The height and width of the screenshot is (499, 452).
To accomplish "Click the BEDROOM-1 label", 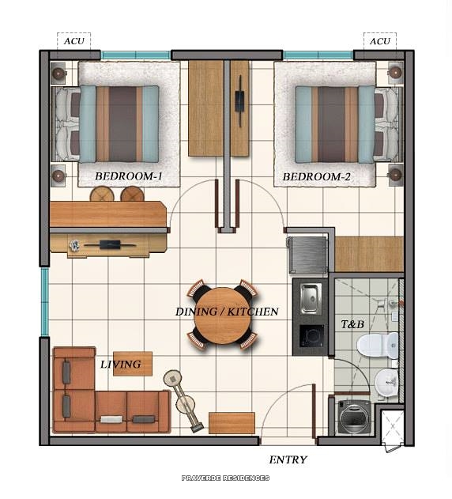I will click(129, 177).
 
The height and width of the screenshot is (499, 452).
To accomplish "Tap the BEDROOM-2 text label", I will click(316, 177).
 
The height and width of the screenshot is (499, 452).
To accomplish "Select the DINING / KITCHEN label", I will click(227, 312).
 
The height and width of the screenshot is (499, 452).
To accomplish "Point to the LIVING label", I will click(120, 365).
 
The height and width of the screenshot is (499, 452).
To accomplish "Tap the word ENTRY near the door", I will click(288, 459).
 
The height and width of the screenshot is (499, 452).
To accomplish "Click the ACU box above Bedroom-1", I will click(73, 41).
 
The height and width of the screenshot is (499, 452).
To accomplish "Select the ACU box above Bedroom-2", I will click(380, 41).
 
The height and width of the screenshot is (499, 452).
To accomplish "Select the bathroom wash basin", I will click(387, 383).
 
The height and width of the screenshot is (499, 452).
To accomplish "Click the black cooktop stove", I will click(311, 337).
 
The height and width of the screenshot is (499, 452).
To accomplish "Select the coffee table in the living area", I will click(133, 363).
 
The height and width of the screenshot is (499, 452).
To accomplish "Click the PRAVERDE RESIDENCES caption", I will click(225, 478).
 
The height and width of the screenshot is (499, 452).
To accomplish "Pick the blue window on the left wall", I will click(45, 301).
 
